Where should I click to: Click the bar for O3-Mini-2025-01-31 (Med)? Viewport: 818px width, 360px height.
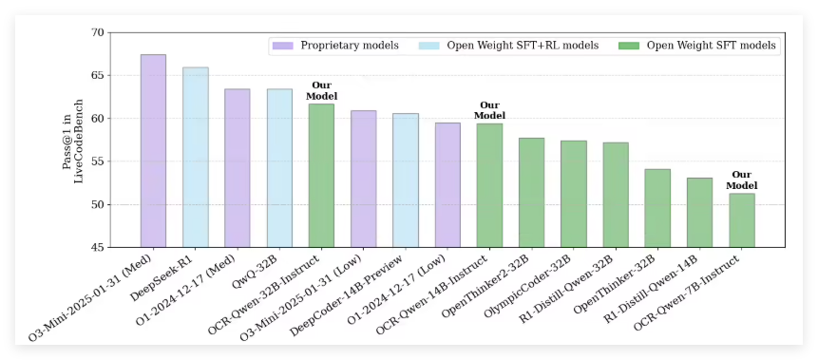coord(153,151)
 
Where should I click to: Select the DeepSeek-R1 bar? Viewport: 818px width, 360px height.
coord(195,158)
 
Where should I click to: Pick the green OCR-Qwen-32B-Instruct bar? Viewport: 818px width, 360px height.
coord(321,176)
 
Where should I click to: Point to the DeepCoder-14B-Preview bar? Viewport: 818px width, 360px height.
coord(406,180)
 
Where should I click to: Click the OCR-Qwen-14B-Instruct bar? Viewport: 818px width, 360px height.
coord(489,185)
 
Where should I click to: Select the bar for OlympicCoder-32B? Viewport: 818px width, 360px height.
coord(573,194)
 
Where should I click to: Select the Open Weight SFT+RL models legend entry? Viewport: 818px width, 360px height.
coord(513,46)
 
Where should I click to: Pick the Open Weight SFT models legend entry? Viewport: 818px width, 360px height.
coord(697,46)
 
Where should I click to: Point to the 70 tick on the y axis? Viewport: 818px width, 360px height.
coord(98,33)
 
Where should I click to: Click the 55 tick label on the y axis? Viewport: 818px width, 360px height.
coord(98,161)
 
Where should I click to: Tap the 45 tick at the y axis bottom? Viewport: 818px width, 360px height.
coord(98,247)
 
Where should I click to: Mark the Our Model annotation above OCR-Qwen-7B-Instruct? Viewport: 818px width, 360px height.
coord(741,180)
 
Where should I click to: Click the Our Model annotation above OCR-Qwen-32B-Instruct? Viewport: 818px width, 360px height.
coord(321,90)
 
